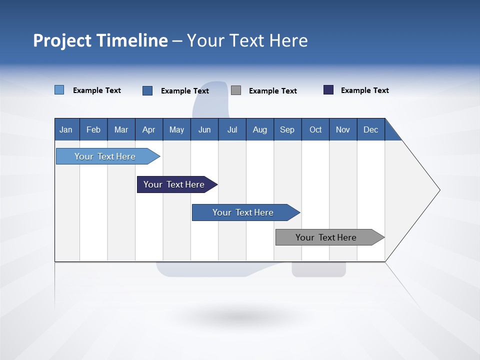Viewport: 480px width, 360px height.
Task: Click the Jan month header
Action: tap(66, 129)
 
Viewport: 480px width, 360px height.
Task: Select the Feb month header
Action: tap(93, 129)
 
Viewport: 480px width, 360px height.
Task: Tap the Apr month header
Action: tap(149, 129)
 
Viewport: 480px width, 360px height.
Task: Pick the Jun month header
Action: tap(204, 129)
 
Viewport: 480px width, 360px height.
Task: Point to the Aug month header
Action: tap(260, 129)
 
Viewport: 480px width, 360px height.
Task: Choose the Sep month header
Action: tap(287, 129)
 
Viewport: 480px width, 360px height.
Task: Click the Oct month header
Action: tap(315, 129)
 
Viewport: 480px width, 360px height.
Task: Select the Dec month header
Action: tap(371, 129)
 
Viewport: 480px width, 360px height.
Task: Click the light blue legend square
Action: tap(59, 90)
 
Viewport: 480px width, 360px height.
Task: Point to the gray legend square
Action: tap(236, 90)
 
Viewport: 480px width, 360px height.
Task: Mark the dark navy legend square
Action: tap(328, 90)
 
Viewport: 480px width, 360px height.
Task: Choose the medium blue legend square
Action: tap(147, 90)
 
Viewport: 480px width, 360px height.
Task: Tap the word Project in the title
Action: tap(62, 40)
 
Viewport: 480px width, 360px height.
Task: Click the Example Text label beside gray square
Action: tap(272, 91)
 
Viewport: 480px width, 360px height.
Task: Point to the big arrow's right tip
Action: tap(439, 190)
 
